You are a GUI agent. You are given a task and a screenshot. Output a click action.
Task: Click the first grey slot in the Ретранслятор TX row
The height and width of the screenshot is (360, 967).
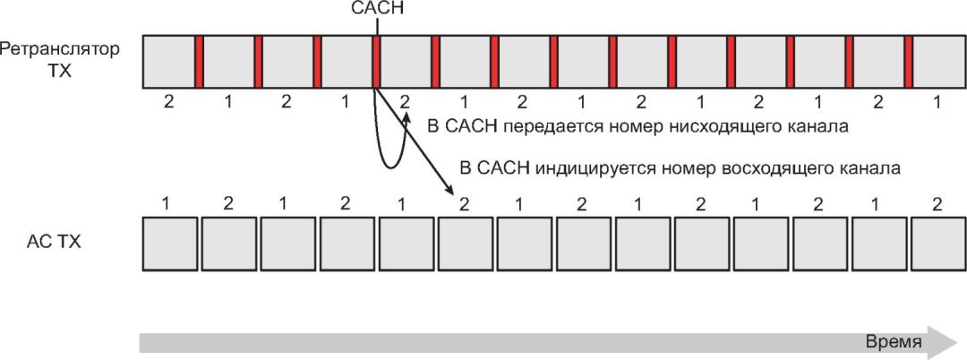pos(168,62)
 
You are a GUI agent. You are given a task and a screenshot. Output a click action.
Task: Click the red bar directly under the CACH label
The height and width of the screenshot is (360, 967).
pos(377,62)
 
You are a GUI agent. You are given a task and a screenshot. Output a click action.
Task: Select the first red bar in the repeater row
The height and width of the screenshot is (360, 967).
pos(199,62)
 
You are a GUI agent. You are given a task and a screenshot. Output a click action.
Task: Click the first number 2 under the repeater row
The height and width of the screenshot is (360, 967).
pos(168,102)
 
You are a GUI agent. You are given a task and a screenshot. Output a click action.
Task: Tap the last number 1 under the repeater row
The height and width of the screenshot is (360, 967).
pos(937,102)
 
